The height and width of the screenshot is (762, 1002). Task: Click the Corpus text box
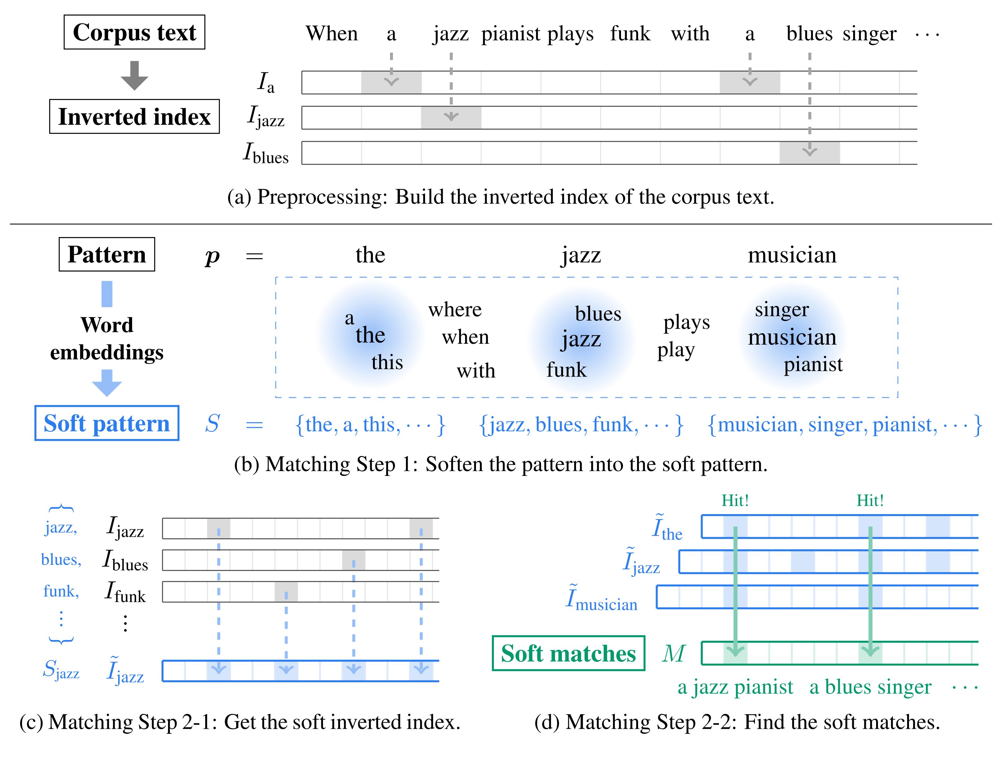pos(134,32)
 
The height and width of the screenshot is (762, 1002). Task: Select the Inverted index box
pos(134,117)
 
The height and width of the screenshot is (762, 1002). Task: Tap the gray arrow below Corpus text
pos(134,75)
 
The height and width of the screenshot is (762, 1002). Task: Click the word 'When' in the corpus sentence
pos(331,34)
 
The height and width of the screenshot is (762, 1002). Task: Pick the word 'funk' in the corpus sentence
pos(630,34)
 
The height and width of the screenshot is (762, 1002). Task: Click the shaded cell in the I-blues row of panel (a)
pos(809,153)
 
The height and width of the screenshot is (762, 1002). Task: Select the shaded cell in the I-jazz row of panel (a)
pos(451,118)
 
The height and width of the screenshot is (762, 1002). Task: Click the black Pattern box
pos(107,254)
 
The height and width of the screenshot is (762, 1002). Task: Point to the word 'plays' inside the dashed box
pos(686,322)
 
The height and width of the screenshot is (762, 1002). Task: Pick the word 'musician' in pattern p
pos(792,255)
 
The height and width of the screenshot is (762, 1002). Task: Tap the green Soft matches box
pos(568,653)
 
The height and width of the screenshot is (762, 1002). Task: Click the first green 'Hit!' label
pos(735,501)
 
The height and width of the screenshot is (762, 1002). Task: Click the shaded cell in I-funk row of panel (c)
pos(286,592)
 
